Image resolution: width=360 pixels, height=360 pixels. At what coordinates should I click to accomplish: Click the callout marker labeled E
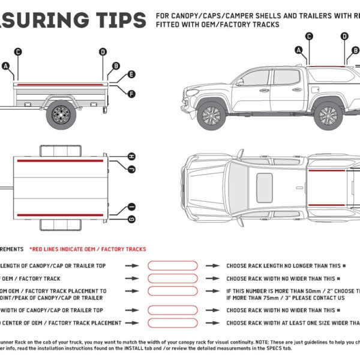[131, 76]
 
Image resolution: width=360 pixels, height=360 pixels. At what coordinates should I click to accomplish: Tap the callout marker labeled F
[131, 94]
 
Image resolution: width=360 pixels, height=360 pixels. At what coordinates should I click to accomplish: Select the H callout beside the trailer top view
[131, 157]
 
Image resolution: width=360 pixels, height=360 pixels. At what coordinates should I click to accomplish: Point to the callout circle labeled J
[131, 169]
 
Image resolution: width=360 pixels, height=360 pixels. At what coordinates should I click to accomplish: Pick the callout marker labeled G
[131, 219]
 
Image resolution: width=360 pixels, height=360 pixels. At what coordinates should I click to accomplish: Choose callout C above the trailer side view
[18, 52]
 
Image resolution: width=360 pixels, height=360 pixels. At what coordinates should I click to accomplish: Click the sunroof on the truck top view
[265, 188]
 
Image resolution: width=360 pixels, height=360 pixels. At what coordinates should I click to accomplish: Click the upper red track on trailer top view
[61, 161]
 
